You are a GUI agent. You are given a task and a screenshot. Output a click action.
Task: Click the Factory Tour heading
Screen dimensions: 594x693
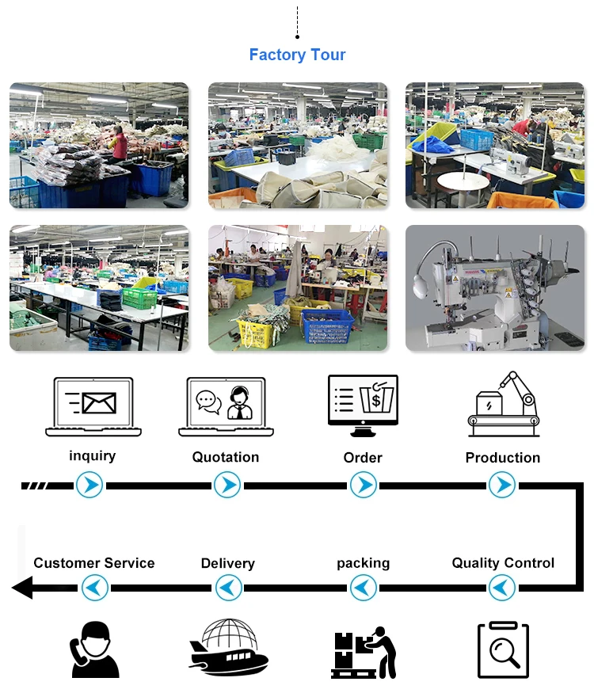[x=297, y=55]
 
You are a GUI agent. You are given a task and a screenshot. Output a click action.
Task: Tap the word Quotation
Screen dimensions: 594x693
[x=226, y=457]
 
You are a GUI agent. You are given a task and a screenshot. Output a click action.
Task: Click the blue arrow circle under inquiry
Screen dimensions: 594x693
[x=89, y=485]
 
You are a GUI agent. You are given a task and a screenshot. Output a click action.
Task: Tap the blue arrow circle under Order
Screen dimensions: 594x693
[x=364, y=485]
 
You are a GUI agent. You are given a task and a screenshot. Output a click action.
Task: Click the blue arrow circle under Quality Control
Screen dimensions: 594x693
[x=502, y=588]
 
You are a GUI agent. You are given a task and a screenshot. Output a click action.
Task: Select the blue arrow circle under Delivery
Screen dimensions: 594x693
[x=229, y=588]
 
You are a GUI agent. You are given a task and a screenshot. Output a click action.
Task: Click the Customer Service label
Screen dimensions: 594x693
[x=94, y=563]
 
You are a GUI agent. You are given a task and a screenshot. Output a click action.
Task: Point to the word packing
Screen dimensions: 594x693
[x=364, y=563]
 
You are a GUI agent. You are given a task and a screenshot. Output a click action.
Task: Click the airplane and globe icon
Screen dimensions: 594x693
[x=229, y=646]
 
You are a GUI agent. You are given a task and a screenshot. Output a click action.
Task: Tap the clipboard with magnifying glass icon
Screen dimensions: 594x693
[x=504, y=649]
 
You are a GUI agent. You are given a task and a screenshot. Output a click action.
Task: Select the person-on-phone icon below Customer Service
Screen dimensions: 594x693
[x=94, y=649]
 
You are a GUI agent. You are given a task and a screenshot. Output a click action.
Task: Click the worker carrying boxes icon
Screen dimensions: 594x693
[x=364, y=653]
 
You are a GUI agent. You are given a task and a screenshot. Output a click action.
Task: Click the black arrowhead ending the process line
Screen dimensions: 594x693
[x=22, y=588]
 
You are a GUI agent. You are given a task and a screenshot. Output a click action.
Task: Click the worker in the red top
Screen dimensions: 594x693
[x=120, y=143]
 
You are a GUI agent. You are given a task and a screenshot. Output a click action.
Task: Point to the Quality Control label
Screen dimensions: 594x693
[x=503, y=563]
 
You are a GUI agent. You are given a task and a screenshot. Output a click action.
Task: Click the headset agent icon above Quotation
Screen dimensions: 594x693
[x=239, y=402]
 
